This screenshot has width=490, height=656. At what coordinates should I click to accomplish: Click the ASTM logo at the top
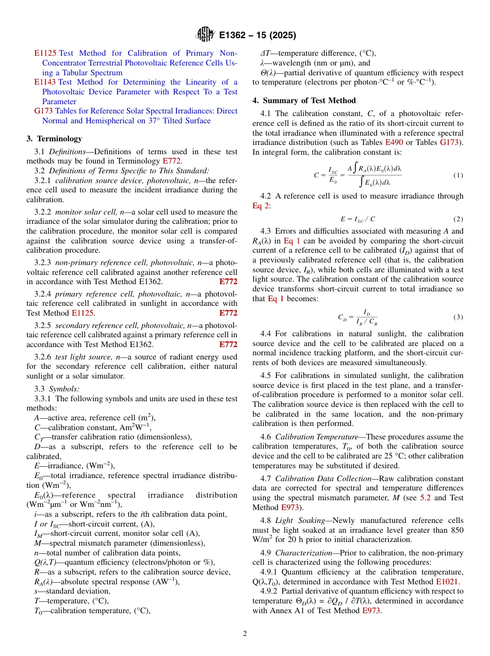point(205,35)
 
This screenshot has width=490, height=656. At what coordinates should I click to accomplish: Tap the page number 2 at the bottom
point(245,634)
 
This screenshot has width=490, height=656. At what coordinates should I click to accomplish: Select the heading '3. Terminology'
point(54,139)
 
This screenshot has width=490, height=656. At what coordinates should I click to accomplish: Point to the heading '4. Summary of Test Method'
point(304,101)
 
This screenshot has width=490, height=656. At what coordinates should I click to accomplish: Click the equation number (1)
point(458,175)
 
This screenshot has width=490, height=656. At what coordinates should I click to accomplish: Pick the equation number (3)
point(458,317)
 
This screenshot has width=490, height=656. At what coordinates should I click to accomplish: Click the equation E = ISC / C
point(357,219)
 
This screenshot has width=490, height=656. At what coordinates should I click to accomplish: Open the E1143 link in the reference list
point(45,82)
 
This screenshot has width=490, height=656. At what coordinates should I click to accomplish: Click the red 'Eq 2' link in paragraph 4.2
point(261,206)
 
